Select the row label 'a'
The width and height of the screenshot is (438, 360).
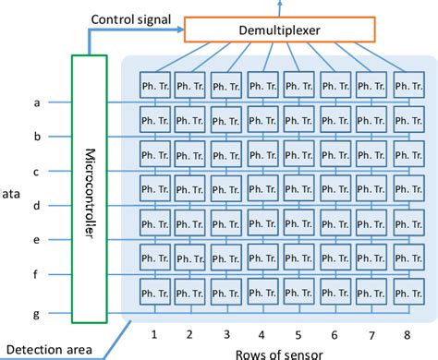[36, 102]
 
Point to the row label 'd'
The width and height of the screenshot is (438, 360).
[36, 205]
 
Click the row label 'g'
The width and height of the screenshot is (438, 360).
[36, 314]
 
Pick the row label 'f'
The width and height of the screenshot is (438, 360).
[36, 274]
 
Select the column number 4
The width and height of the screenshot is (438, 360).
[262, 333]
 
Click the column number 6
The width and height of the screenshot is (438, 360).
[335, 333]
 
